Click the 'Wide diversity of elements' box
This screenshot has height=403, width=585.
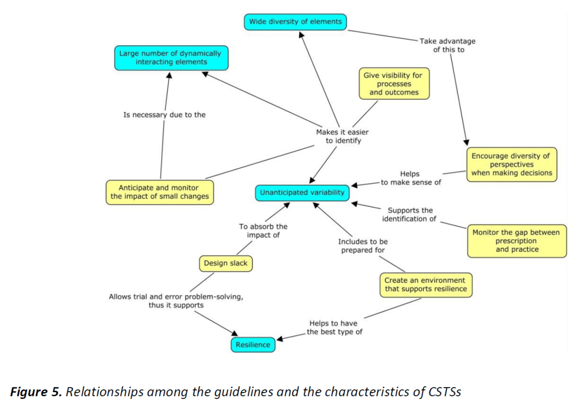(x=296, y=22)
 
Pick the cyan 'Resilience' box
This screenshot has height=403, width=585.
(x=252, y=345)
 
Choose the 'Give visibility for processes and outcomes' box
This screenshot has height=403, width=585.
(x=394, y=84)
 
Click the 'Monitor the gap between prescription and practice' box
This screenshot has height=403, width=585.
(x=517, y=241)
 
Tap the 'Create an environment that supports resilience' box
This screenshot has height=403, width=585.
(x=425, y=285)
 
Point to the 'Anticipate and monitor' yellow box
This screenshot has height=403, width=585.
(x=160, y=192)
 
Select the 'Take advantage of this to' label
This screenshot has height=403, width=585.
(x=448, y=45)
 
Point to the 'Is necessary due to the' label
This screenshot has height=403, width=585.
(x=164, y=115)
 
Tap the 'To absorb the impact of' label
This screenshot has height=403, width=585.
(x=263, y=231)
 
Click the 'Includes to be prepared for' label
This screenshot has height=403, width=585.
(x=363, y=246)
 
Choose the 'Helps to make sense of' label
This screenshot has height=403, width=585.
(x=410, y=178)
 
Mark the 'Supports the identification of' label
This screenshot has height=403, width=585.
(x=409, y=215)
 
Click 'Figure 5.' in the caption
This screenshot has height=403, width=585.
(x=35, y=392)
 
